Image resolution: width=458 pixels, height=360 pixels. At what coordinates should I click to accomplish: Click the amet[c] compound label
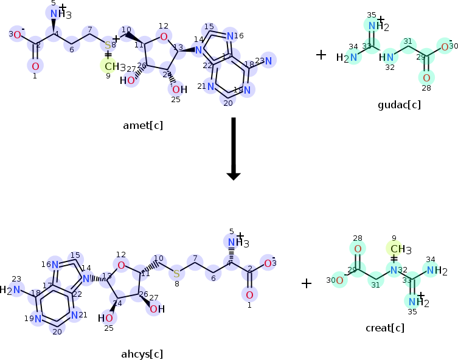coord(142,126)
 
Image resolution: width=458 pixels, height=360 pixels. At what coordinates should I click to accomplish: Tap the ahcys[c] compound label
coord(142,353)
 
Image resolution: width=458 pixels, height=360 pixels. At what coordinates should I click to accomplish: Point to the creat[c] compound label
coord(384,328)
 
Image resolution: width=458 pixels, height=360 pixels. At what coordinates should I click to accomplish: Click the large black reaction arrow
coord(233,149)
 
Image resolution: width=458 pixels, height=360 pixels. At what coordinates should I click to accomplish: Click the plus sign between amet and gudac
coord(321,55)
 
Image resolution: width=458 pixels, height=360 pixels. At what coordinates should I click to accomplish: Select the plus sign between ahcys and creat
coord(307,283)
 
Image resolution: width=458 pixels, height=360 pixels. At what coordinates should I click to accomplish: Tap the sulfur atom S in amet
coord(108,45)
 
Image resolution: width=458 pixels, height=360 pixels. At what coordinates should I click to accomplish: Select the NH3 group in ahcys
coord(234,243)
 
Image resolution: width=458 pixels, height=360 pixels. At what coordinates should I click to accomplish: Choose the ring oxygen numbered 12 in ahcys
coord(121,265)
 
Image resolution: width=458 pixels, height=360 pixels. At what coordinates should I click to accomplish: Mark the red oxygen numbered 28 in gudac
coord(426,77)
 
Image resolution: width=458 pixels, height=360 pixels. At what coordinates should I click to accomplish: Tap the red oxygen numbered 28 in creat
coord(358,248)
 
